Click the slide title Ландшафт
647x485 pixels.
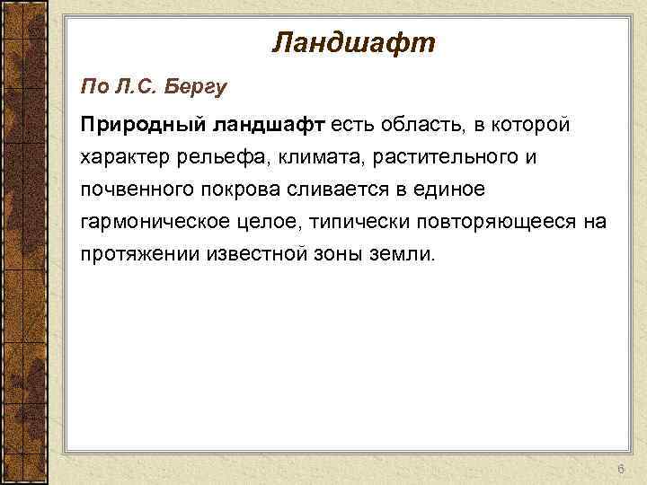coord(353,42)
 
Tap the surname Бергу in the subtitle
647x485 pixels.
coord(199,87)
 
